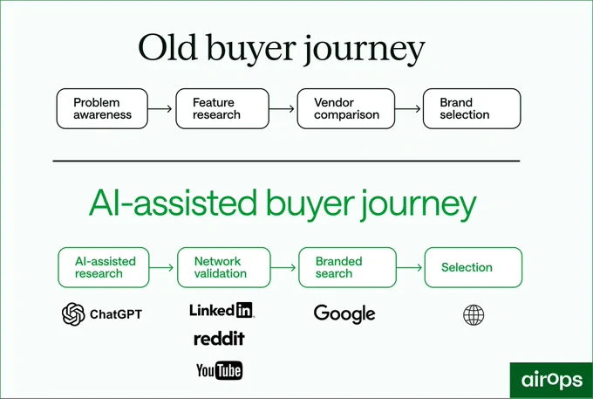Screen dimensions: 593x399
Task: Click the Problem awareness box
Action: [x=102, y=108]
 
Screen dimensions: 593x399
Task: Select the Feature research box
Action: [x=222, y=108]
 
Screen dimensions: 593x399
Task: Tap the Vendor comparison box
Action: [x=346, y=108]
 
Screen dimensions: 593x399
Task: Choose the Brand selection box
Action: [x=472, y=108]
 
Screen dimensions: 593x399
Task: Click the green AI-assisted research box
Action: [x=104, y=267]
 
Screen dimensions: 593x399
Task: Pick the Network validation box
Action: [x=224, y=267]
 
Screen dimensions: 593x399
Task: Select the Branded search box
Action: [x=348, y=267]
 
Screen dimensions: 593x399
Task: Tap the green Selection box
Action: [x=474, y=267]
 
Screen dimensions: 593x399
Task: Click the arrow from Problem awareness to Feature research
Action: [x=160, y=109]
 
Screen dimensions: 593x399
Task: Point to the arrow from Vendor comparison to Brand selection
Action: [x=408, y=109]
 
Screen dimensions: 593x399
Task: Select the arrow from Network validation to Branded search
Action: [x=283, y=268]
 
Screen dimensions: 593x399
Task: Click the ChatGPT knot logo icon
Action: [x=73, y=314]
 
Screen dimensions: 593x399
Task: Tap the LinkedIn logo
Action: [x=222, y=311]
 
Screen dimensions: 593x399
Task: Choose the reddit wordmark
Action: [x=219, y=339]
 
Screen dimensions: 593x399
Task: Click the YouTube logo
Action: [x=220, y=370]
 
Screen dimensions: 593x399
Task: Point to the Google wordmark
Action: [x=344, y=314]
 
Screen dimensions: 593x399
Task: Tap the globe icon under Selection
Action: [x=474, y=315]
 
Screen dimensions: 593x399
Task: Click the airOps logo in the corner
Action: [x=551, y=380]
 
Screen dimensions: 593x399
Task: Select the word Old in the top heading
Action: [x=168, y=48]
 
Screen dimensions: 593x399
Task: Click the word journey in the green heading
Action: [x=419, y=205]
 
